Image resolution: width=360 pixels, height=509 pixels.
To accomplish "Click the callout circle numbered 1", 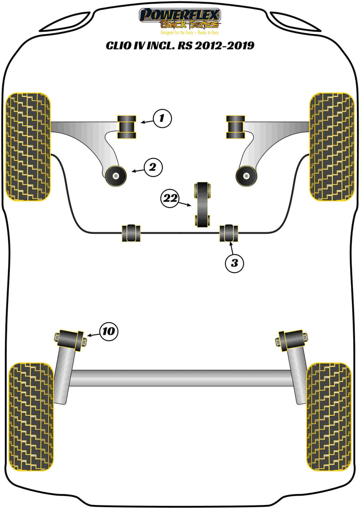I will point(162,119).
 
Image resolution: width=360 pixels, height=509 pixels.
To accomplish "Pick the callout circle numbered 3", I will point(234,263).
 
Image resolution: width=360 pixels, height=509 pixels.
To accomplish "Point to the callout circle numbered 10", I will point(108,332).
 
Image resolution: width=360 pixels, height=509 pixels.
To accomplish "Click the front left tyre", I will point(27,147).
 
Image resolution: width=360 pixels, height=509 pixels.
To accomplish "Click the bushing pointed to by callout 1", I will point(127,127).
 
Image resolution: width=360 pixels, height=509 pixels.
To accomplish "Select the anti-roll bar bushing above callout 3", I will point(230,232).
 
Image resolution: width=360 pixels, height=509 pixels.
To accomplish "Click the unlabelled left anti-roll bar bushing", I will point(131,232).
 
